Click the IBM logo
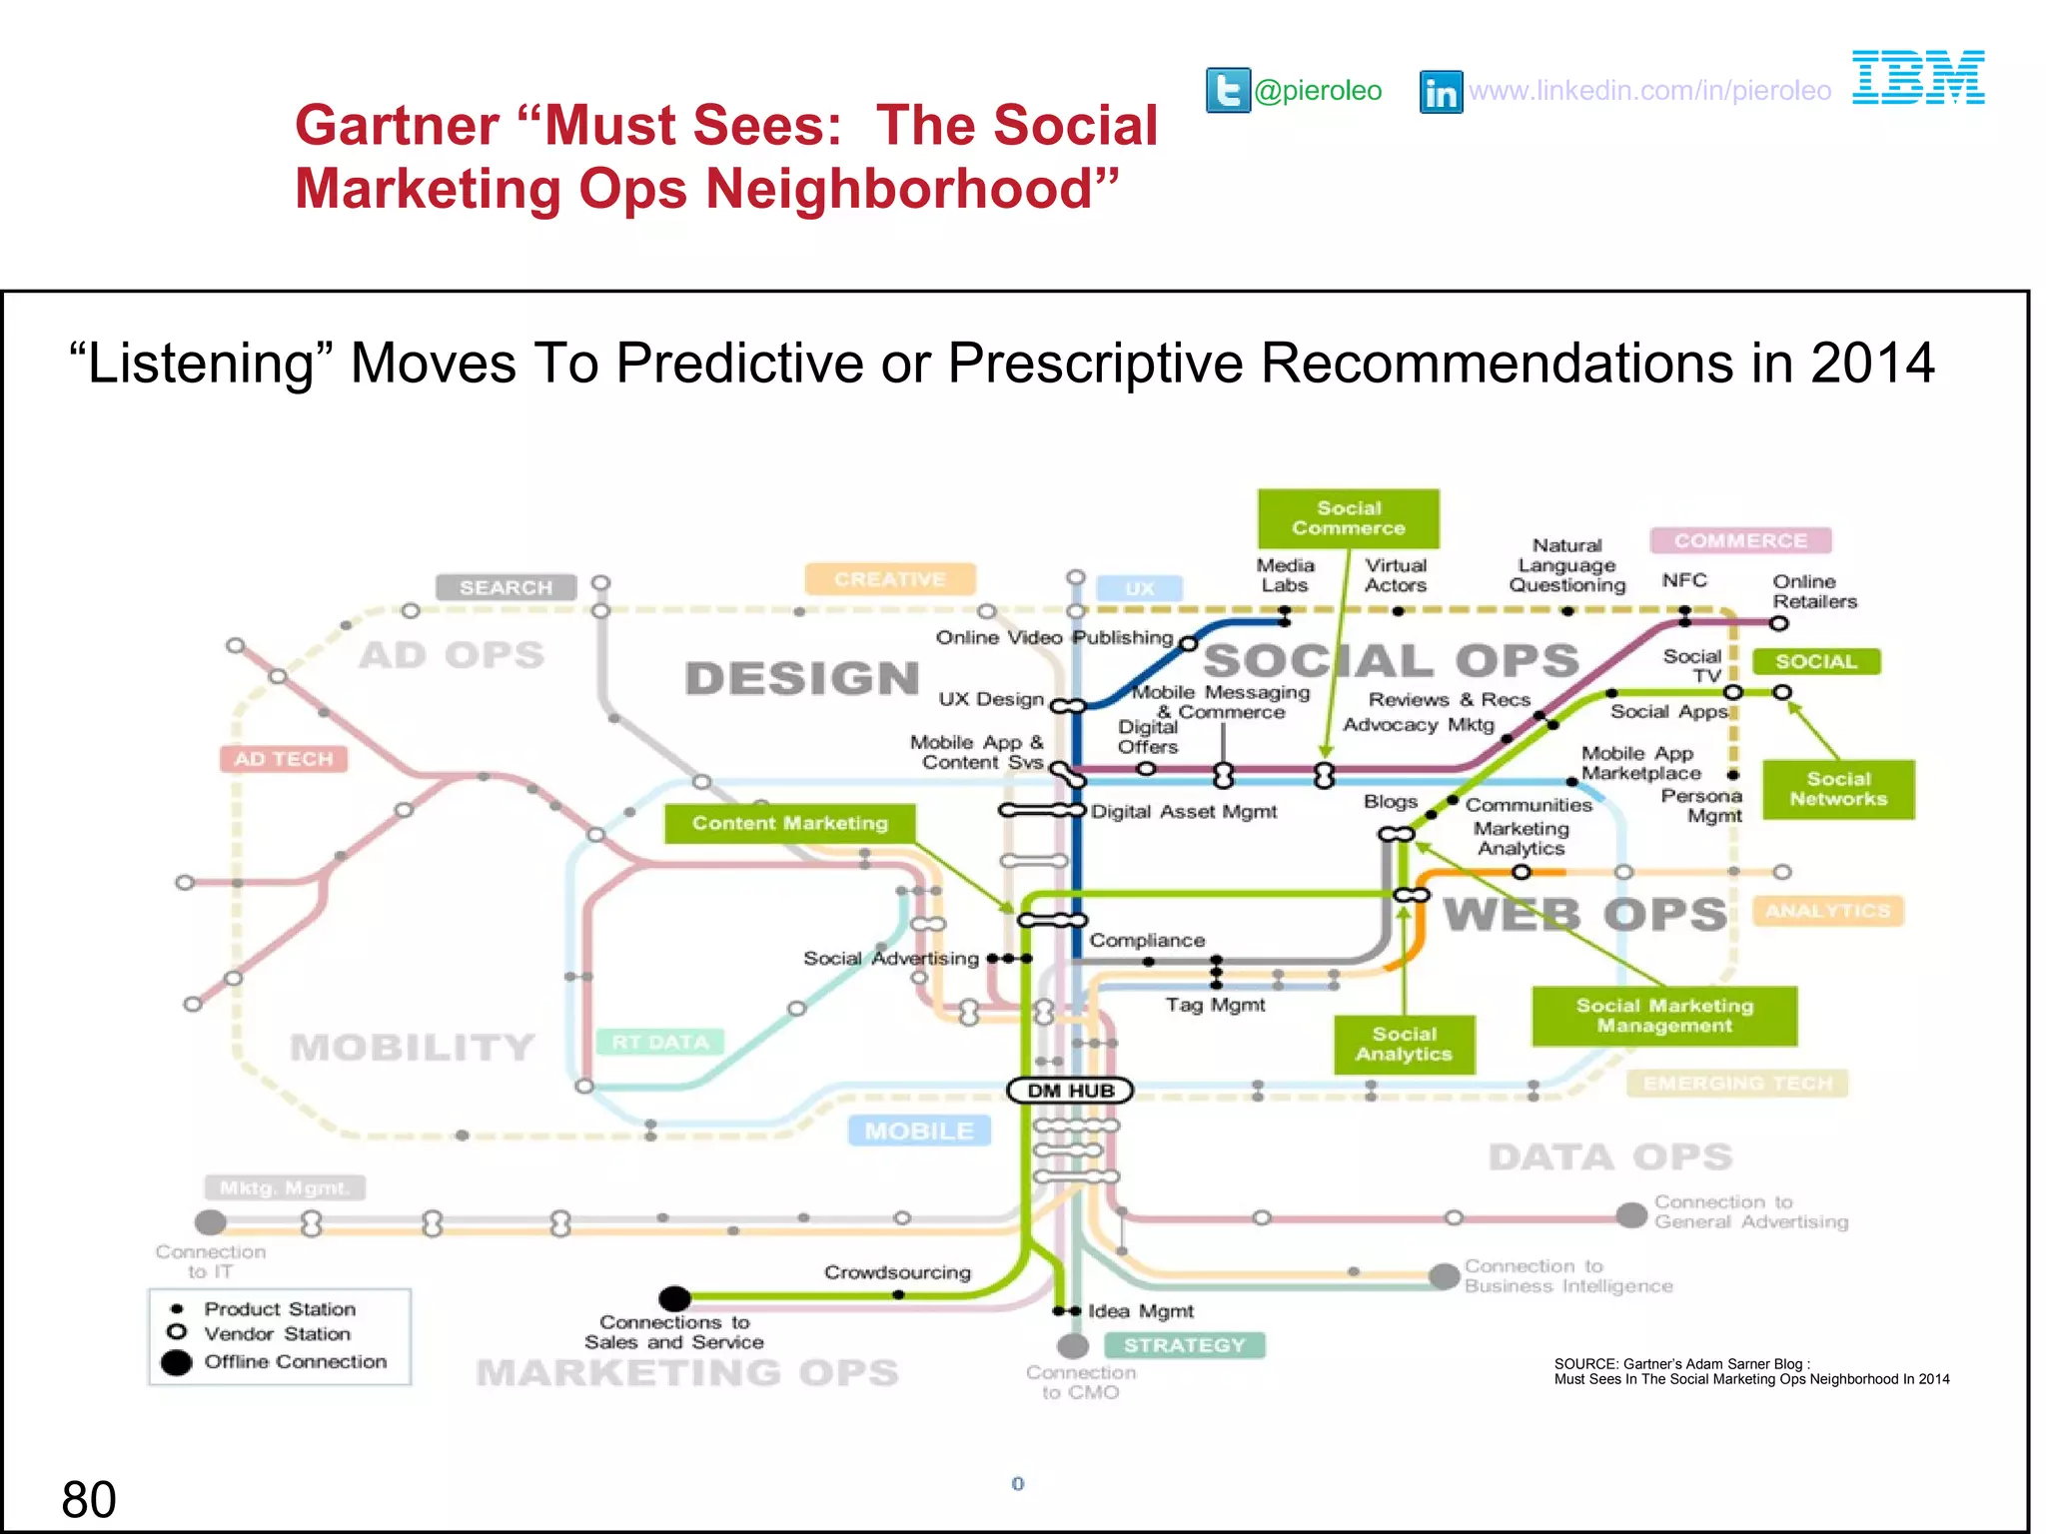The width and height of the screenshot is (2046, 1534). coord(1917,77)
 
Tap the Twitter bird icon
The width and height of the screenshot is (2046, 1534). coord(1228,91)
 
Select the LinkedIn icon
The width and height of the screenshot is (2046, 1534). coord(1441,92)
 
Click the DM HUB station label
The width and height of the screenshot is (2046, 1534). coord(1070,1091)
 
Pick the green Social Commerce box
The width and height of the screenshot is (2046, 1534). coord(1348,518)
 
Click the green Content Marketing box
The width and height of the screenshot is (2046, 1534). coord(789,823)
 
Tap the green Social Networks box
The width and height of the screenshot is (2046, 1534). coord(1837,789)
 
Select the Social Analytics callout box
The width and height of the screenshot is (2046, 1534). coord(1404,1045)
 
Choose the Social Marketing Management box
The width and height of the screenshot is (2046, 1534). coord(1663,1016)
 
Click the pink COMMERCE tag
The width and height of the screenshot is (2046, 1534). coord(1740,540)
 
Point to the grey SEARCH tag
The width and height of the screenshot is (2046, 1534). coord(506,587)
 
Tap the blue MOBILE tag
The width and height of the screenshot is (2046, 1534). coord(918,1131)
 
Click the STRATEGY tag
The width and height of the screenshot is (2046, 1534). coord(1184,1345)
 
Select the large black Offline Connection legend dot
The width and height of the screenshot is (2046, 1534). coord(177,1362)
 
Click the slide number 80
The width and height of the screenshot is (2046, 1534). coord(89,1500)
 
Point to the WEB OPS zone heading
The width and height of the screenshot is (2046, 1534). coord(1584,914)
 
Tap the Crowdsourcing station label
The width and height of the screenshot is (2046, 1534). coord(897,1272)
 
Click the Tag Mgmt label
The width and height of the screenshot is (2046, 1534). coord(1215,1005)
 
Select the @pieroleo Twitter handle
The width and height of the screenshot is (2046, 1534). coord(1318,91)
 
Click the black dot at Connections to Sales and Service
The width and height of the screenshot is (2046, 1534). coord(675,1298)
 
